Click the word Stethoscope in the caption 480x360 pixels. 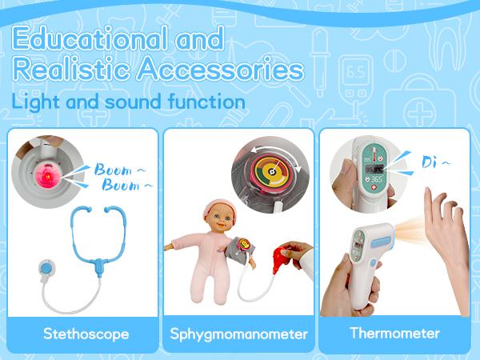coord(86,334)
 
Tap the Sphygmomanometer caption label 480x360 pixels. coord(238,334)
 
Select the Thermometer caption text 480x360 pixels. coord(395,333)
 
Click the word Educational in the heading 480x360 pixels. coord(90,38)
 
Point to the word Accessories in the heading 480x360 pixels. coord(221,69)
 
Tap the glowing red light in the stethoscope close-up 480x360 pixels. coord(47,176)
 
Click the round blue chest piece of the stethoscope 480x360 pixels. coord(46,268)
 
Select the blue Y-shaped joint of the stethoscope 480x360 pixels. coord(99,265)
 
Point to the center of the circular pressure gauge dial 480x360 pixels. coord(271,172)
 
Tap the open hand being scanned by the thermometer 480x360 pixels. coord(447,242)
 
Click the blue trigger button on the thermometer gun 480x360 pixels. coord(373,263)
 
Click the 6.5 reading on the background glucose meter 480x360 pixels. coord(355,72)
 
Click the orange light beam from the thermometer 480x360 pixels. coord(410,230)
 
